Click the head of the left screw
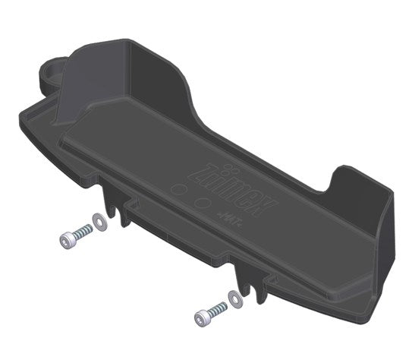tap(66, 241)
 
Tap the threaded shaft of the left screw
tap(79, 234)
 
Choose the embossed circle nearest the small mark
tap(201, 203)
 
